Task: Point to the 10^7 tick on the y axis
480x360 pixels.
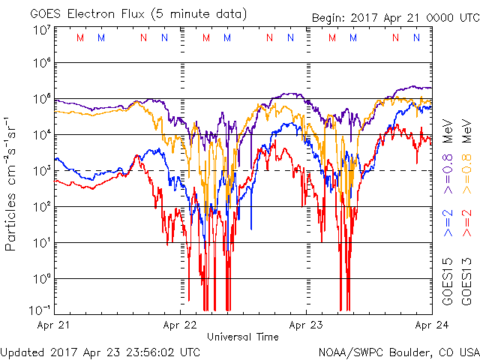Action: point(40,30)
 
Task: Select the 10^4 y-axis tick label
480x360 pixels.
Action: point(40,134)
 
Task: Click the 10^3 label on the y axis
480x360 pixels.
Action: point(40,170)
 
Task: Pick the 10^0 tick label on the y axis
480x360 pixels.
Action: point(40,278)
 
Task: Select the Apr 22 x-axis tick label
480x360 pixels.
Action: point(180,325)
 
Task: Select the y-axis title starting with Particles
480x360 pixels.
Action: point(13,184)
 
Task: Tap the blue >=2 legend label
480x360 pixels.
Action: point(448,223)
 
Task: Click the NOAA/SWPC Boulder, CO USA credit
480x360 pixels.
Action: point(398,351)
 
